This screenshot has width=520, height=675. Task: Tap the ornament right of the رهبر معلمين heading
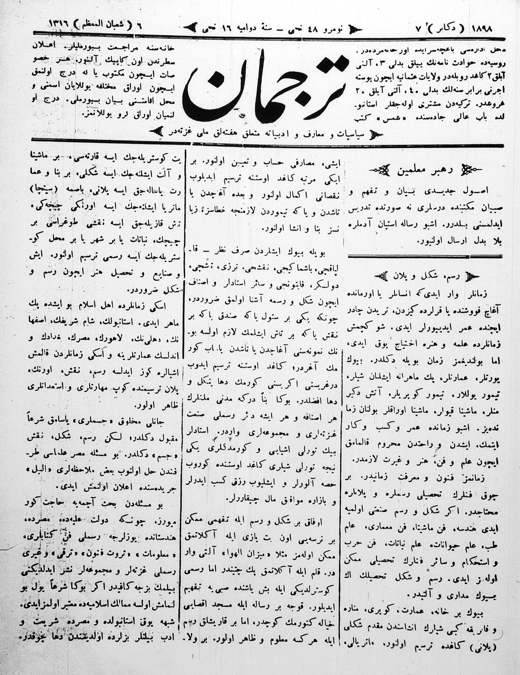[471, 171]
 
